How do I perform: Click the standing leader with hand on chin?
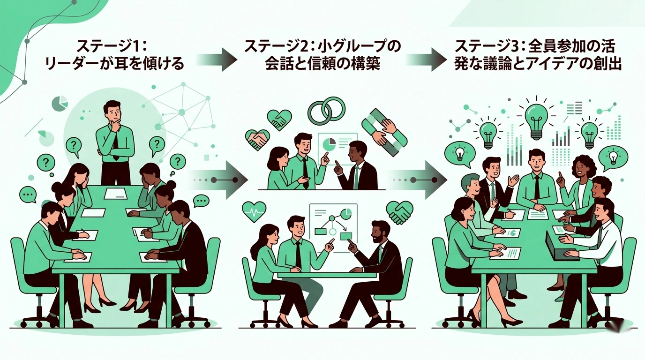pyautogui.click(x=114, y=136)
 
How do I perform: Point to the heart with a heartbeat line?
pyautogui.click(x=255, y=211)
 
